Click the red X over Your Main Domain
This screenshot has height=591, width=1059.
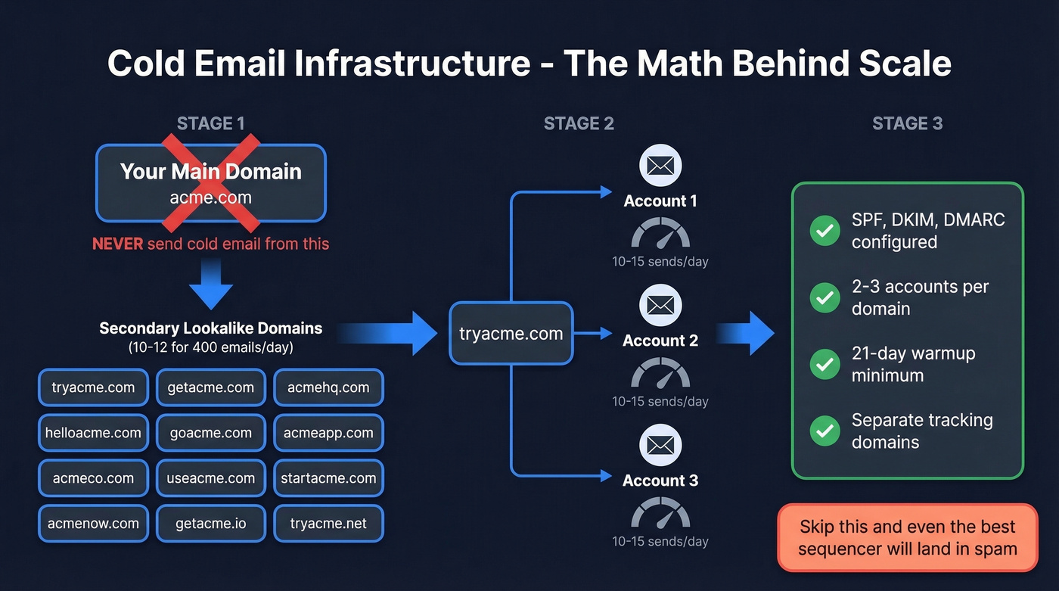211,182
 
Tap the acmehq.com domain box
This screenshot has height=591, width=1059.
328,388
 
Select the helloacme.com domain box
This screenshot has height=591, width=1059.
92,433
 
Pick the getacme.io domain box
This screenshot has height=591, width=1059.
210,523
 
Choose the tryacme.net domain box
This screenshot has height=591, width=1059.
328,523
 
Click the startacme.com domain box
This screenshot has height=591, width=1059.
328,478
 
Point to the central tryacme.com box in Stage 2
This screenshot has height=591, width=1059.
511,334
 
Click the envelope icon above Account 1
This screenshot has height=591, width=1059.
660,166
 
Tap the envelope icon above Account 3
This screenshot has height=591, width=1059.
660,445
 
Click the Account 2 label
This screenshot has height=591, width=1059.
660,341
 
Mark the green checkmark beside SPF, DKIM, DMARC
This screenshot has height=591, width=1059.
825,231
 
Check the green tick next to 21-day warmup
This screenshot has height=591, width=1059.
825,365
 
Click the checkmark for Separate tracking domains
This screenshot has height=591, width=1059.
825,431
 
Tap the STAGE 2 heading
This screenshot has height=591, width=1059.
579,123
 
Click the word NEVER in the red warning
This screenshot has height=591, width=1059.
117,244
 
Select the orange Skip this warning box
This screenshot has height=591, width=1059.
908,537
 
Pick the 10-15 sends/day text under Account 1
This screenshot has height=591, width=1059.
660,262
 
